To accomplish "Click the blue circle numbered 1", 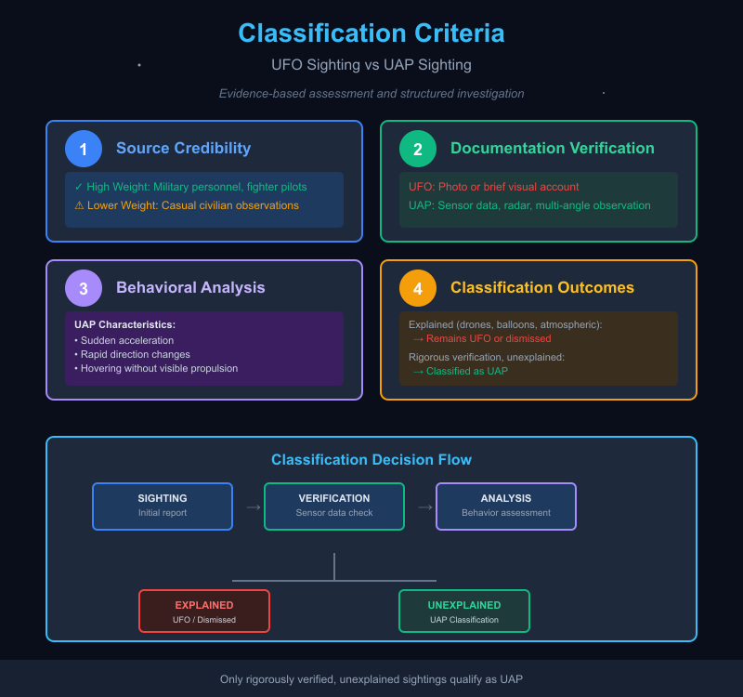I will tap(84, 149).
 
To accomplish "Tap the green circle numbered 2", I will tap(418, 149).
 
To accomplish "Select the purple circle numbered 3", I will tap(84, 288).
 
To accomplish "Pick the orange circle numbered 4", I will tap(418, 288).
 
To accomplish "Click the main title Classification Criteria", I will tap(371, 33).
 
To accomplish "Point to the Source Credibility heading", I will tap(183, 149).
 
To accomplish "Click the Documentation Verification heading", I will tap(552, 149).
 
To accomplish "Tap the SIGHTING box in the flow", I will tap(163, 506).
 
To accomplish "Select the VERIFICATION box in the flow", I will tap(334, 506).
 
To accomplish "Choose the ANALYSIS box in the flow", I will tap(506, 506).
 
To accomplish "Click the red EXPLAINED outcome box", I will tap(204, 611).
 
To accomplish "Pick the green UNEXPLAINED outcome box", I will tap(464, 611).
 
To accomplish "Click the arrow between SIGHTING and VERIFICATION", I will tap(253, 507).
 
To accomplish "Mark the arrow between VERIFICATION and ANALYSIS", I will tap(424, 507).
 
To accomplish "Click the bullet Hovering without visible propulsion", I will tap(159, 368).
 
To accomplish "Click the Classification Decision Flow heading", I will tap(371, 460).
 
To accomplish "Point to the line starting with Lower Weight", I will tap(187, 205).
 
